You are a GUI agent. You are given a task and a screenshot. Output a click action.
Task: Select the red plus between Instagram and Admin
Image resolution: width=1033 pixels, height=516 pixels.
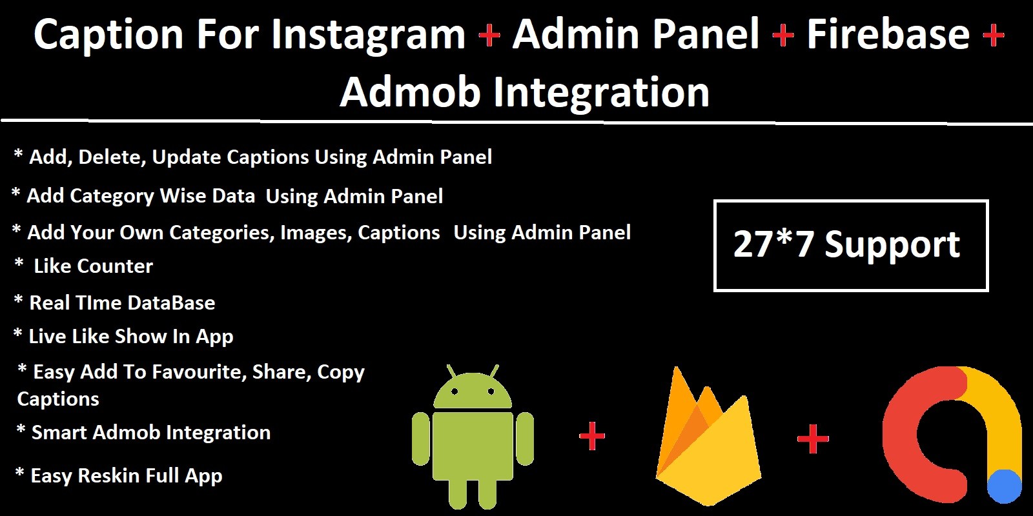pos(489,35)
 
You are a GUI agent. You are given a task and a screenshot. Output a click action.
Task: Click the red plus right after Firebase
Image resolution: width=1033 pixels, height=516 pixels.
pos(994,35)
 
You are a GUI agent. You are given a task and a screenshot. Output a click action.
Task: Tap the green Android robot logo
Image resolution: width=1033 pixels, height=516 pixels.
pos(473,436)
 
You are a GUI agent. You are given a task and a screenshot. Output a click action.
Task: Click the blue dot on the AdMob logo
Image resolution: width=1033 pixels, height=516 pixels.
pos(1004,487)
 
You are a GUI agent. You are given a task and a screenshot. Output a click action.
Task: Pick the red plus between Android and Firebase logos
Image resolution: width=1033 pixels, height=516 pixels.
pos(591,436)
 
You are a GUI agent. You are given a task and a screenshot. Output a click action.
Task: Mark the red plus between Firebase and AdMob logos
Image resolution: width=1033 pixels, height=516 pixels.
pos(813,439)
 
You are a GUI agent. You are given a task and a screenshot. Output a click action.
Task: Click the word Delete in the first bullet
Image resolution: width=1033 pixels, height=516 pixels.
pos(112,157)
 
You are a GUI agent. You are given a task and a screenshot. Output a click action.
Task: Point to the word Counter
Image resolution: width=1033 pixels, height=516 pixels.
pos(115,266)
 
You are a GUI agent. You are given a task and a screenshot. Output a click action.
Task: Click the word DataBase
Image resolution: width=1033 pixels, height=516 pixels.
pos(171,303)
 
